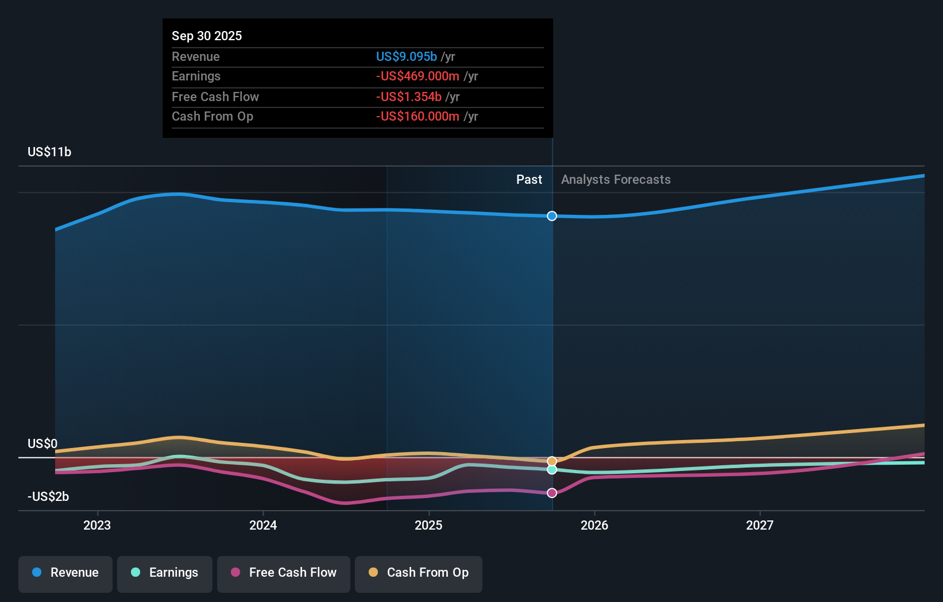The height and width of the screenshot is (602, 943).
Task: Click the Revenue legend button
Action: (65, 573)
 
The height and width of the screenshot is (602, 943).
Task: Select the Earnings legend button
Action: (165, 573)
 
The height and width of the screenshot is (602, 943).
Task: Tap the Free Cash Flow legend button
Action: (284, 573)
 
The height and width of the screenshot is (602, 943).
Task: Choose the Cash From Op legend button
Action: (419, 573)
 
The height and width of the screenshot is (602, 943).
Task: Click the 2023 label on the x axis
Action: (97, 525)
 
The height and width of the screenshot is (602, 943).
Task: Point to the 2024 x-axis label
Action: (263, 525)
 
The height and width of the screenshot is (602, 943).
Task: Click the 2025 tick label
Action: (428, 525)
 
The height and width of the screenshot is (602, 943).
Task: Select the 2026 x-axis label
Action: (594, 525)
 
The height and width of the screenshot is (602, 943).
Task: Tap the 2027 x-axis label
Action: (760, 525)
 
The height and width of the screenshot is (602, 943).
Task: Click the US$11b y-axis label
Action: (49, 152)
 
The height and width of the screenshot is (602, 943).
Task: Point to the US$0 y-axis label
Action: (42, 443)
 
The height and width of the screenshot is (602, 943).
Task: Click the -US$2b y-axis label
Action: (48, 496)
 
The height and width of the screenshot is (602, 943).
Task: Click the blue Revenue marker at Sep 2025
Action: (552, 216)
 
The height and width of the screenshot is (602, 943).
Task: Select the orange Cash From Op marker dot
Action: (552, 461)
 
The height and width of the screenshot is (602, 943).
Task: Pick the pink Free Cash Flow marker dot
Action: (552, 493)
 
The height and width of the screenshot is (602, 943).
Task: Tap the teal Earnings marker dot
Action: (552, 470)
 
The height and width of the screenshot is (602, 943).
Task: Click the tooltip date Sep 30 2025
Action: (207, 36)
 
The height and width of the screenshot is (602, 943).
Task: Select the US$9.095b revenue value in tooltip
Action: (406, 56)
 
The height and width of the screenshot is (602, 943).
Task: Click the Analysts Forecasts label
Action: (616, 179)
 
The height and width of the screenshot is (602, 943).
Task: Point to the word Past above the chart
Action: (529, 179)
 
